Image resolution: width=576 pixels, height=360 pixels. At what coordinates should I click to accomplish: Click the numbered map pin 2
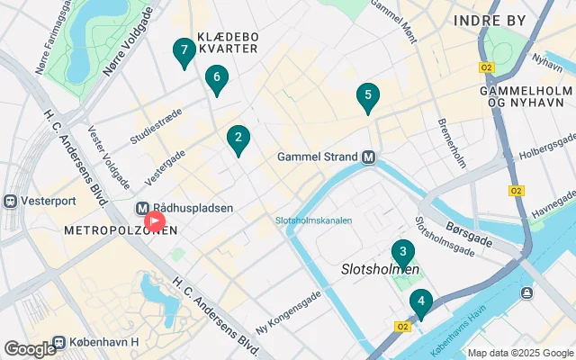pos(238,139)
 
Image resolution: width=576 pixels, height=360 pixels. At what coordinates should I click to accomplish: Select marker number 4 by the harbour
pos(420,301)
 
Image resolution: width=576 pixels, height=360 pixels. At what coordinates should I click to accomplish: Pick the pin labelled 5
pos(366,95)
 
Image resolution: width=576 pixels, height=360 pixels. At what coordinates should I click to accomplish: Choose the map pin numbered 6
pos(215,79)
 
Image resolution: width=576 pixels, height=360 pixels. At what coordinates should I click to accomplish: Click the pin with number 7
pos(184,51)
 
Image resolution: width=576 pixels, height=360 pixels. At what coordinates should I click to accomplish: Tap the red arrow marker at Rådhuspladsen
pos(154,220)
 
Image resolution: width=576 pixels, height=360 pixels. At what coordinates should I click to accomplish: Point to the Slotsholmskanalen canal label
pos(313,220)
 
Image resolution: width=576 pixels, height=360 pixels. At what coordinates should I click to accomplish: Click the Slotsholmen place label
pos(380,269)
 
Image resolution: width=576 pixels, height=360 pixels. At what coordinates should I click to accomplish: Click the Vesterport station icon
pos(11,200)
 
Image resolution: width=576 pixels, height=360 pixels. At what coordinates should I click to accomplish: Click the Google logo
pos(29,349)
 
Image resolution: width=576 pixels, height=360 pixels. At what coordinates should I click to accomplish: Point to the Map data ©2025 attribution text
pos(519,353)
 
